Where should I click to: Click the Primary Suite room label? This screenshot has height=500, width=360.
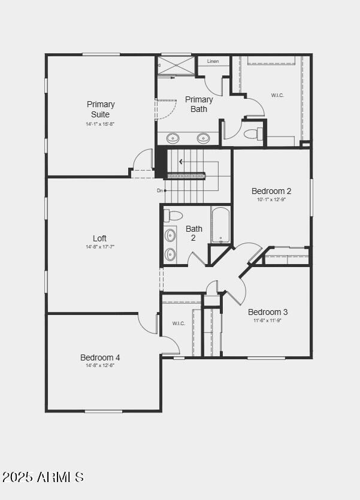coord(101,109)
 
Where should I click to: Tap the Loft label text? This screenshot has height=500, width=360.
coord(99,238)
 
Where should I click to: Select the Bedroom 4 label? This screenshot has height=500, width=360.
coord(100,357)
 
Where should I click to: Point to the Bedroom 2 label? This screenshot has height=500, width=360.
coord(271,191)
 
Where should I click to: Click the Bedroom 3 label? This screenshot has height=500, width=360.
coord(268,312)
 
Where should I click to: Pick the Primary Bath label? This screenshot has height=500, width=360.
coord(199,104)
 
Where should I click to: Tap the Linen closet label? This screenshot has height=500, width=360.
coord(213,62)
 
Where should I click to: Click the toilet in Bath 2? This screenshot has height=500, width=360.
coord(174,216)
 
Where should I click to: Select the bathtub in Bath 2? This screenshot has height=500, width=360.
coord(220,225)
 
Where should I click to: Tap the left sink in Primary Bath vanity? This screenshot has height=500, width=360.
coord(173,138)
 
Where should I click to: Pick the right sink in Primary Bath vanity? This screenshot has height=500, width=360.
coord(204,138)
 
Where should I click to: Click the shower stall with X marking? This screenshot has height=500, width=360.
coord(176,65)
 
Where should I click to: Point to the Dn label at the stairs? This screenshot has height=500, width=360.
coord(160,190)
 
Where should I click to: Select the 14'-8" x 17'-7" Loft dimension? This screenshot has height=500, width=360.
coord(99,247)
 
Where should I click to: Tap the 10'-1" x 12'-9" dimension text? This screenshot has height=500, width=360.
coord(271,199)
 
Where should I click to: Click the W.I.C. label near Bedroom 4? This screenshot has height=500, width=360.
coord(179,323)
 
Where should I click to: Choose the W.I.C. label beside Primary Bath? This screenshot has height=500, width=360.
coord(277,95)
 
